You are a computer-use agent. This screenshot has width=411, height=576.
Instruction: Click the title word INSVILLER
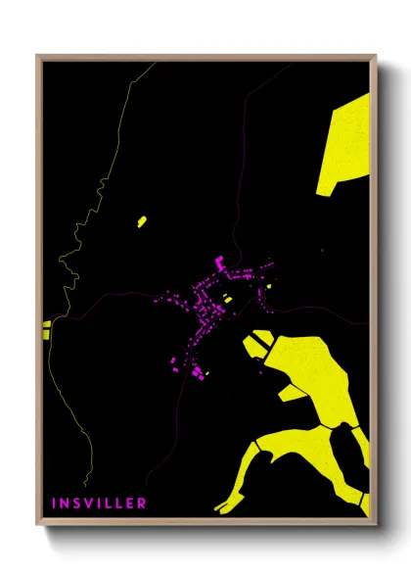(100, 503)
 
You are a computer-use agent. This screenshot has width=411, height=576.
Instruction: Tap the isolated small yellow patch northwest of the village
(142, 220)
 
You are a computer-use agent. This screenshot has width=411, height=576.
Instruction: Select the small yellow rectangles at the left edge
(46, 329)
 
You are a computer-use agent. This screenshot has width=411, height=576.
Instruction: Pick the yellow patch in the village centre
(227, 299)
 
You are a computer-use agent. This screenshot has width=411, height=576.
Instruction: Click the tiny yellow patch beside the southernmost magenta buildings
(205, 373)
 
